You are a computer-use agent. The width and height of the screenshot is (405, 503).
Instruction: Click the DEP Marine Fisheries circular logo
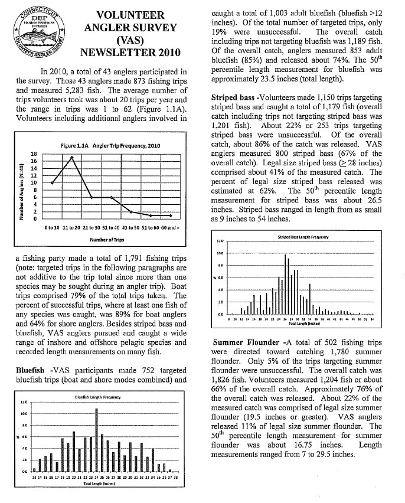35,31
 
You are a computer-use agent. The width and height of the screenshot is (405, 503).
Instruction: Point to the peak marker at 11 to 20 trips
71,157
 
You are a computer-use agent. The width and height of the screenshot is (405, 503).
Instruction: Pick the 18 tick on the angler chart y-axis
33,153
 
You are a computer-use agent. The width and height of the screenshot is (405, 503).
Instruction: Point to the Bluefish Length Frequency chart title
98,397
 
